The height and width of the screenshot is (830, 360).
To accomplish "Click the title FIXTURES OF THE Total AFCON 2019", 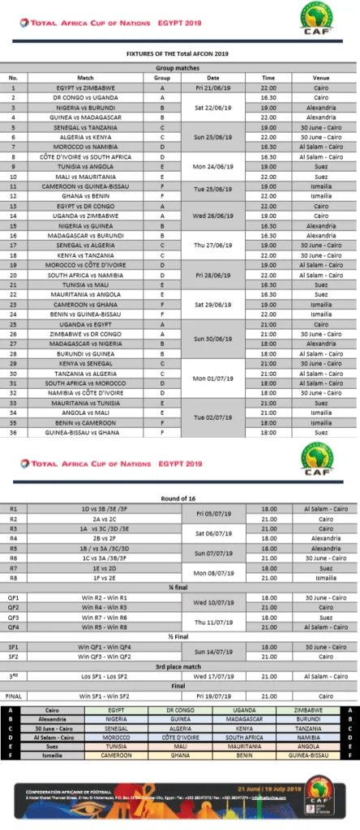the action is click(x=179, y=53).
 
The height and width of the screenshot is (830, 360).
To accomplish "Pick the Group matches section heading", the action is click(x=180, y=69).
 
